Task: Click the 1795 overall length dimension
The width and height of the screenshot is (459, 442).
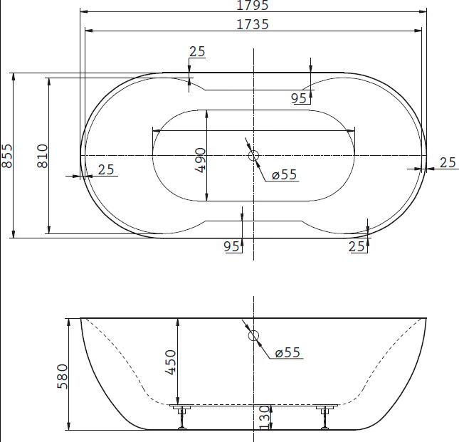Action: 253,5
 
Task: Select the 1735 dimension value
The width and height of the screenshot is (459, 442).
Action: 253,25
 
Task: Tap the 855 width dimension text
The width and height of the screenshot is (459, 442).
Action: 7,156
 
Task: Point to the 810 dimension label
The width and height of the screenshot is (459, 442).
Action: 43,156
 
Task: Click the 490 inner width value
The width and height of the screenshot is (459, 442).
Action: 200,160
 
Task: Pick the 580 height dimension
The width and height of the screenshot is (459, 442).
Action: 62,377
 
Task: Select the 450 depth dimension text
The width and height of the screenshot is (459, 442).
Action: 171,362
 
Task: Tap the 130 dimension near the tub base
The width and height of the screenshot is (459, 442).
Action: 264,417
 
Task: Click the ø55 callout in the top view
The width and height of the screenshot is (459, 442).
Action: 284,175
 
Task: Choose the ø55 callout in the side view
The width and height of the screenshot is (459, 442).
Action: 287,352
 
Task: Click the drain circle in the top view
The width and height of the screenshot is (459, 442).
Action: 253,155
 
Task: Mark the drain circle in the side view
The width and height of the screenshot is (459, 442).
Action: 253,335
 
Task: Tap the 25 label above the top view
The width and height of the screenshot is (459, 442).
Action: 197,51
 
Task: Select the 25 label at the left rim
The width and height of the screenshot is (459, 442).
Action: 106,170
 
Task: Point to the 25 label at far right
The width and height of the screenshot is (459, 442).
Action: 448,163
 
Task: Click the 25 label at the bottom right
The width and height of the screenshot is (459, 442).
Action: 357,246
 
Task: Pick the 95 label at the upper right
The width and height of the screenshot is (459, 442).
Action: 299,98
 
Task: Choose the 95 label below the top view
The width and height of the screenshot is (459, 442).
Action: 231,246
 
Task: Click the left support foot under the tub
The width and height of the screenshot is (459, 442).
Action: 182,417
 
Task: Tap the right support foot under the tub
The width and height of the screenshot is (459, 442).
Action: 326,417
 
